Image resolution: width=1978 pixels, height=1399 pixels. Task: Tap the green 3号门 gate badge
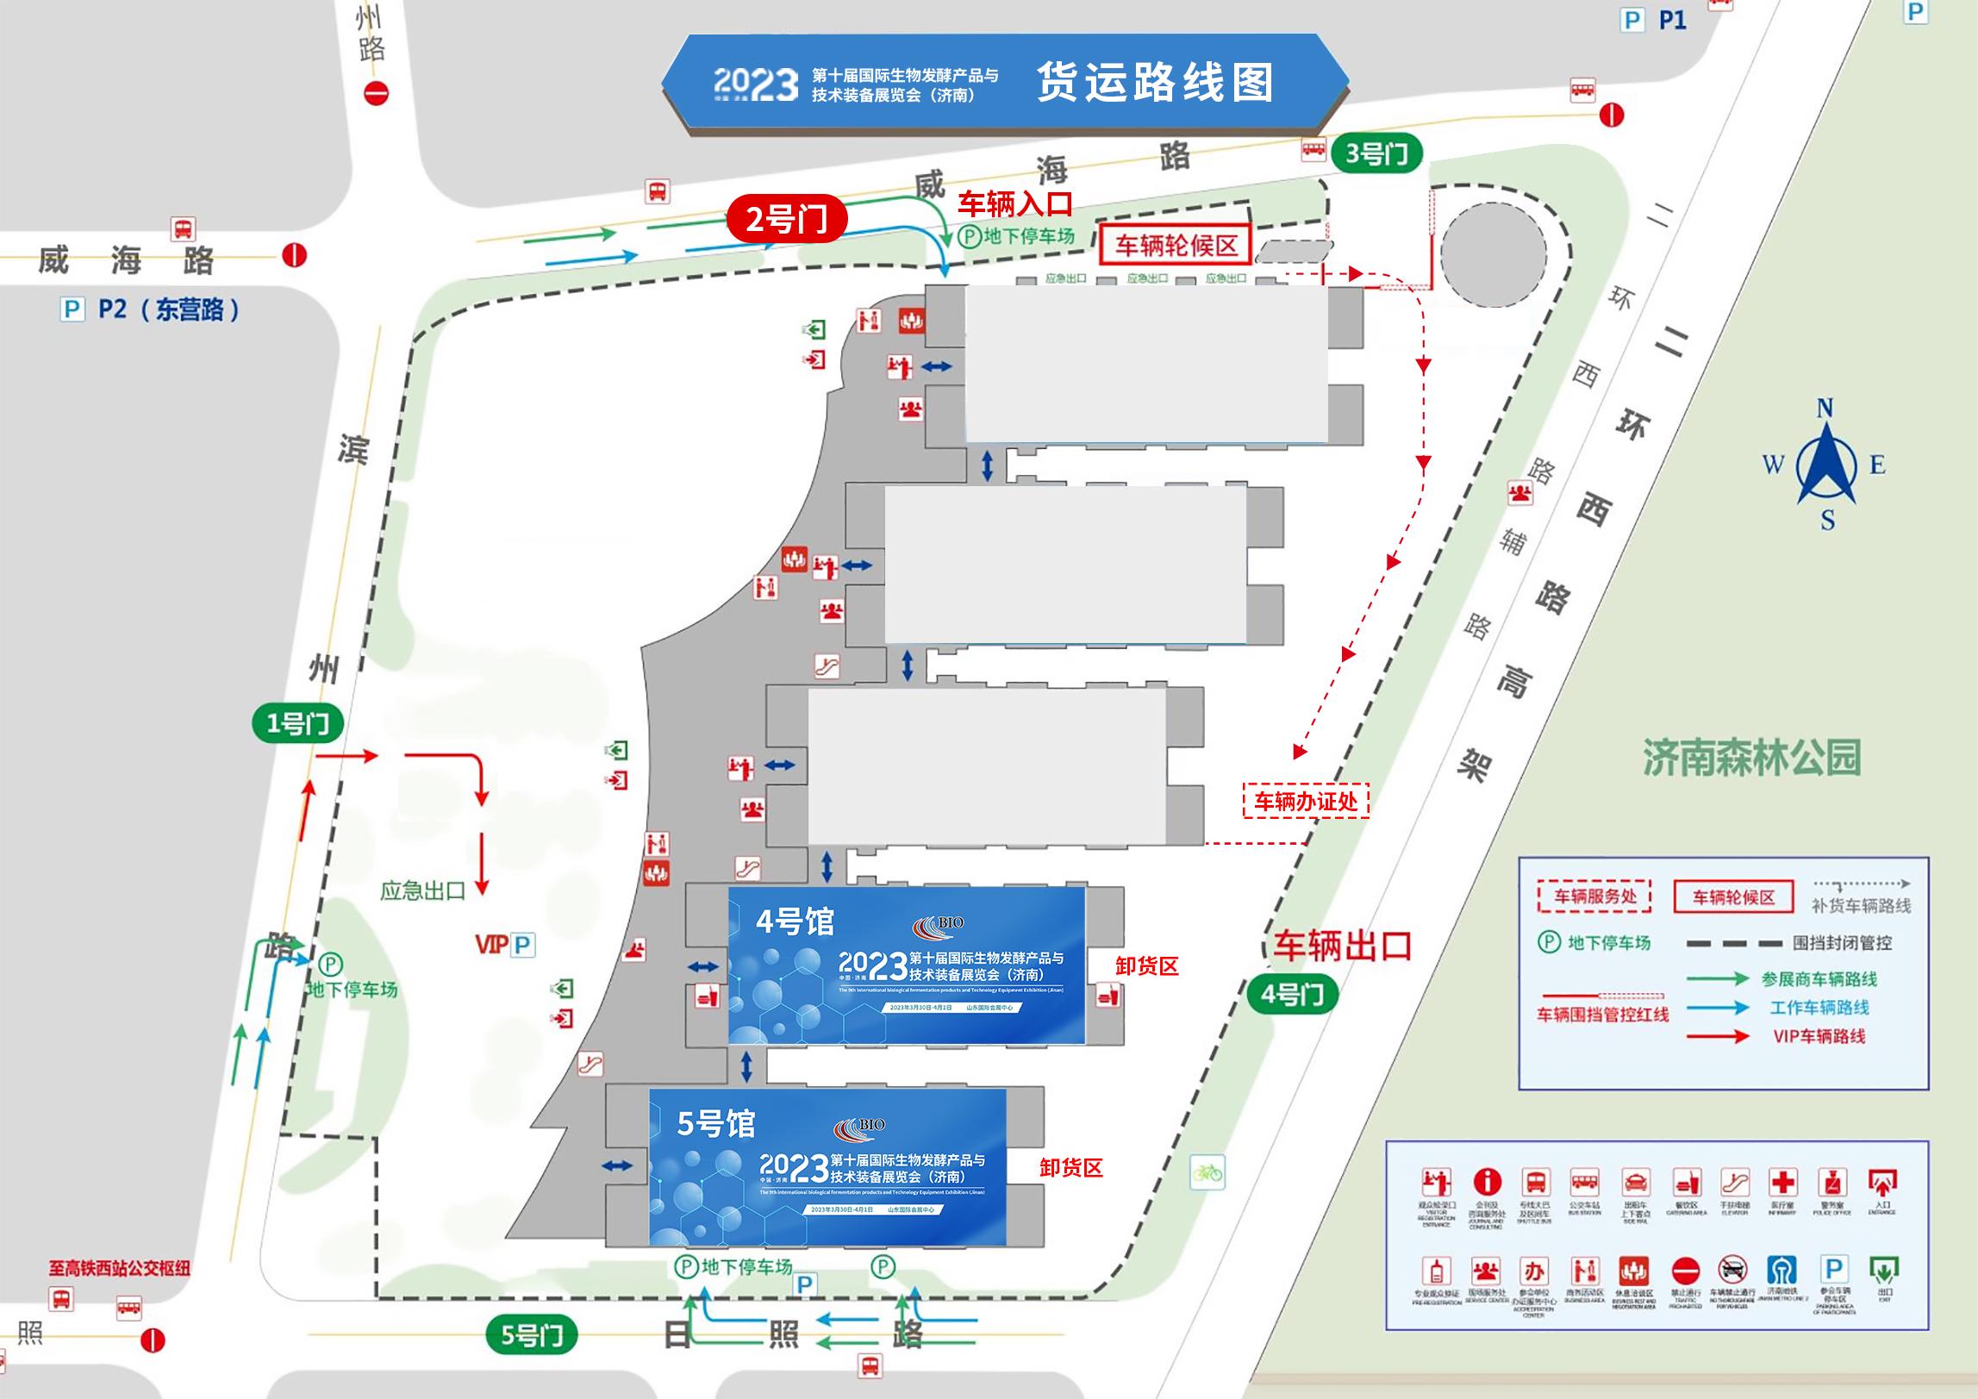[x=1376, y=154]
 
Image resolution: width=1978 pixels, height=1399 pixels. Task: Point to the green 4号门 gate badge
[x=1292, y=995]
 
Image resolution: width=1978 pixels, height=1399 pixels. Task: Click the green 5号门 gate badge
[x=532, y=1335]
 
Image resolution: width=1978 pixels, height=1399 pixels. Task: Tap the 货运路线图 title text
[x=1154, y=83]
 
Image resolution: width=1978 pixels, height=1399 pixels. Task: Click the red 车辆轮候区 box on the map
[x=1176, y=247]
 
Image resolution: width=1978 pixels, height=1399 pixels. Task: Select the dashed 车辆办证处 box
[x=1305, y=802]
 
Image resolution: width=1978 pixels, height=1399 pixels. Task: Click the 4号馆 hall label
[x=795, y=922]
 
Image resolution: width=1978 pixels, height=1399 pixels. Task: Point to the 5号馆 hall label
[x=715, y=1124]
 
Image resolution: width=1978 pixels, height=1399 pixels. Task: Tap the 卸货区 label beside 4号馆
[x=1146, y=966]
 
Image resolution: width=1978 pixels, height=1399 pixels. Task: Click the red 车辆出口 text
[x=1343, y=946]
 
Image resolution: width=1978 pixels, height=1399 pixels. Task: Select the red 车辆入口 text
[x=1015, y=204]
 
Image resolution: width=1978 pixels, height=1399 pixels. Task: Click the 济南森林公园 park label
[x=1751, y=758]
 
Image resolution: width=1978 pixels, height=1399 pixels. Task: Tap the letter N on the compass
[x=1825, y=408]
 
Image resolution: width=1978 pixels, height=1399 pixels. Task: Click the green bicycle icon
[x=1207, y=1172]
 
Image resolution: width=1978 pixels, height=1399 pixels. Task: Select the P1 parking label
[x=1672, y=20]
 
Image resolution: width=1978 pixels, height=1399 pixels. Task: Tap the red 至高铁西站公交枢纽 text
[x=119, y=1269]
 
